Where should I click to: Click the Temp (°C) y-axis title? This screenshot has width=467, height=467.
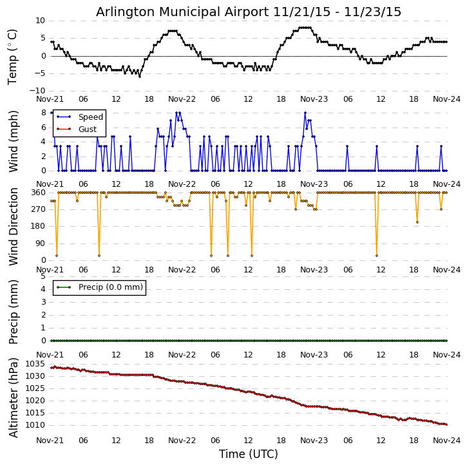[13, 56]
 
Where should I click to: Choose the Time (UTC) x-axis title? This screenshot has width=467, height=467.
[249, 454]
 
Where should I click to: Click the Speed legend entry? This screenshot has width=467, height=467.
[90, 117]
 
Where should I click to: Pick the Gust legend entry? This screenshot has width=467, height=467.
[88, 129]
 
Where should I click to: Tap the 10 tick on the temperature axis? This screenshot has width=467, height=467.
[40, 21]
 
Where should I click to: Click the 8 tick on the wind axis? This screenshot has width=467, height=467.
[43, 113]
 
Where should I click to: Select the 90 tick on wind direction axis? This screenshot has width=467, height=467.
[40, 243]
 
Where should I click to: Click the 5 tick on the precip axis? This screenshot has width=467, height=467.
[43, 276]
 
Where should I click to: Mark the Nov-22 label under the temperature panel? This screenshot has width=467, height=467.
[182, 100]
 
